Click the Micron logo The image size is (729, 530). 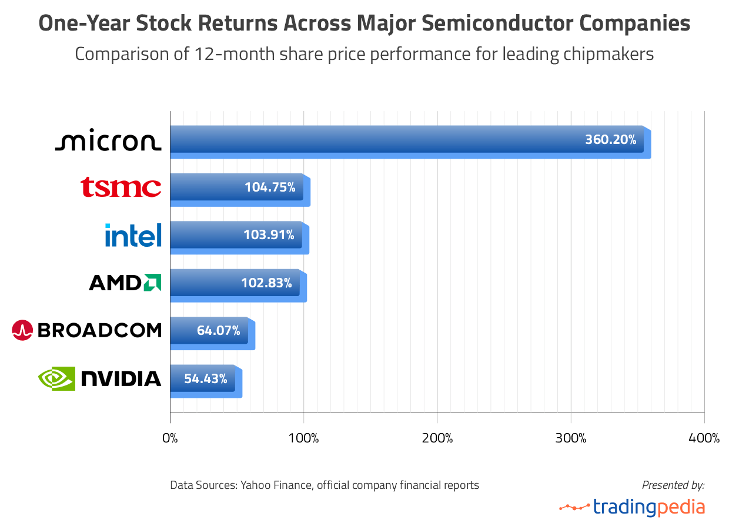(x=108, y=142)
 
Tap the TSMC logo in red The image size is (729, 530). (x=121, y=187)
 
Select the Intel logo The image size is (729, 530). (x=133, y=235)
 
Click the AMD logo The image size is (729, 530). (x=125, y=283)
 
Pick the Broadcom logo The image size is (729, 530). (x=86, y=330)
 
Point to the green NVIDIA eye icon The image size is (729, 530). (x=56, y=378)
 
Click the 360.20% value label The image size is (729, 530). (x=610, y=140)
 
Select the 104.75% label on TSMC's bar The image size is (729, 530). (x=269, y=187)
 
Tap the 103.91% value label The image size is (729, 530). (x=269, y=235)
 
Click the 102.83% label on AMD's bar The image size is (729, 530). (x=266, y=283)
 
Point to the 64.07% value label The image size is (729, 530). (x=218, y=330)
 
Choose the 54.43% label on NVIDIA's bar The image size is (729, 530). (x=206, y=378)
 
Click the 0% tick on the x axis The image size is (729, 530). (x=170, y=438)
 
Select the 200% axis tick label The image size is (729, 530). (x=437, y=438)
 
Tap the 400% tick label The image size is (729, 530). (x=704, y=438)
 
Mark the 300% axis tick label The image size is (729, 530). (x=571, y=438)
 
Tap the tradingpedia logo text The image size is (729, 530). (x=648, y=506)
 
